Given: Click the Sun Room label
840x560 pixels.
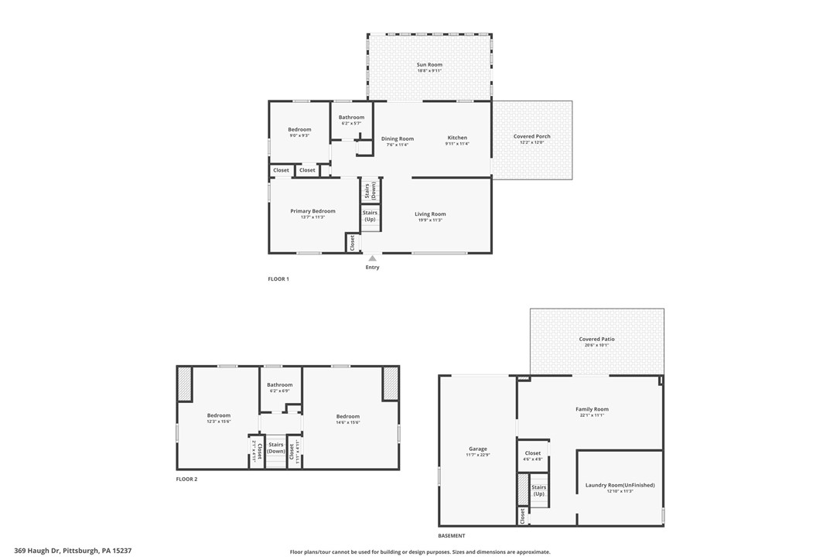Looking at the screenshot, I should (x=429, y=65).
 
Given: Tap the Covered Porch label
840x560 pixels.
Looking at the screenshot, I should (x=532, y=137).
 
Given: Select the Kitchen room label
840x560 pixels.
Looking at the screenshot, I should (x=457, y=138).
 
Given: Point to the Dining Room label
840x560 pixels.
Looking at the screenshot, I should (x=398, y=139).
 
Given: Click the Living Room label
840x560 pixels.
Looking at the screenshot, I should (x=430, y=214).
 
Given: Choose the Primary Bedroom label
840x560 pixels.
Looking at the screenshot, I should (x=312, y=211).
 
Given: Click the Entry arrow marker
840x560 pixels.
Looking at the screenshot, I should (x=372, y=258).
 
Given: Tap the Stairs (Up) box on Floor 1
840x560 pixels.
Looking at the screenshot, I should (x=370, y=216).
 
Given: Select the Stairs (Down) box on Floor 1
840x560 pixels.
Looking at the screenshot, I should (x=370, y=190).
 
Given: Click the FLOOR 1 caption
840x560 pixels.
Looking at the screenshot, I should (x=278, y=278).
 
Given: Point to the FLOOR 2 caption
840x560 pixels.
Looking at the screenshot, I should (x=186, y=480).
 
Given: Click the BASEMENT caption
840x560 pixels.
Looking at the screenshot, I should (x=452, y=536).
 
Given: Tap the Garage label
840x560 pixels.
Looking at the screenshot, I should (x=478, y=449).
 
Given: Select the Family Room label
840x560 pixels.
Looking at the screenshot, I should (x=592, y=409).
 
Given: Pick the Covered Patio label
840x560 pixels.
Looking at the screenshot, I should (x=596, y=340).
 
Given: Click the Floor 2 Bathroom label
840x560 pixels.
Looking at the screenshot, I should (x=280, y=384).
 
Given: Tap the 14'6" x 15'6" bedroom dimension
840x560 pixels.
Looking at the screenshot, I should (x=347, y=422).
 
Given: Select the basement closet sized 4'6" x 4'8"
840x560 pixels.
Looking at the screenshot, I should (x=533, y=456).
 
